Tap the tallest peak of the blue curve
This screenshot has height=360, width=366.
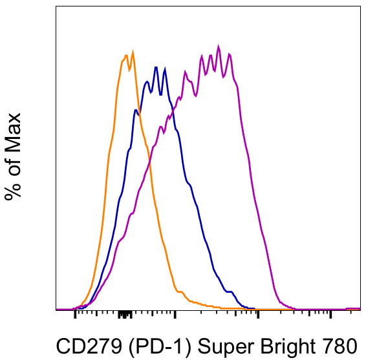pyautogui.click(x=155, y=66)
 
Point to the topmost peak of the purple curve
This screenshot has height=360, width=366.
pyautogui.click(x=219, y=46)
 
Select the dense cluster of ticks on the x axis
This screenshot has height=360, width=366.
pyautogui.click(x=125, y=314)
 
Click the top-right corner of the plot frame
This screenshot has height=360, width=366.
pyautogui.click(x=360, y=7)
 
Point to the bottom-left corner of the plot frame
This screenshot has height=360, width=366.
pyautogui.click(x=56, y=310)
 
